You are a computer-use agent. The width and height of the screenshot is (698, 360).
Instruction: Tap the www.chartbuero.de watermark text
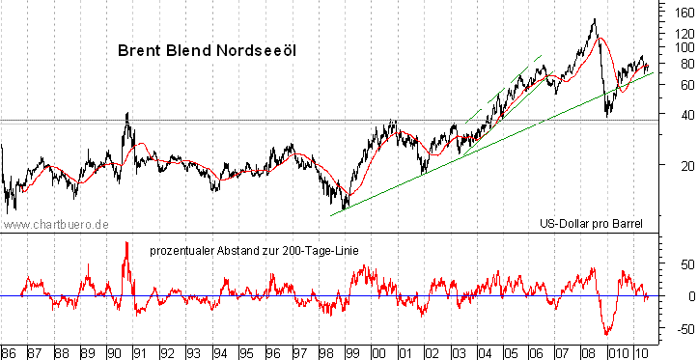pyautogui.click(x=54, y=224)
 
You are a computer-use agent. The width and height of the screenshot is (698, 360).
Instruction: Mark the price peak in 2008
pyautogui.click(x=593, y=19)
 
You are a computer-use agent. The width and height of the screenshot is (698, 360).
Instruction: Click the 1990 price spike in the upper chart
pyautogui.click(x=126, y=114)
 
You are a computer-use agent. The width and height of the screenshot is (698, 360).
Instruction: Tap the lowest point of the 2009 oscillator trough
pyautogui.click(x=607, y=334)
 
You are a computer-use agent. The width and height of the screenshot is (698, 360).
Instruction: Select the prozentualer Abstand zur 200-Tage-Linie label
pyautogui.click(x=255, y=251)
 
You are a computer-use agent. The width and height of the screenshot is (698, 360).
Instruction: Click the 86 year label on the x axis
pyautogui.click(x=11, y=350)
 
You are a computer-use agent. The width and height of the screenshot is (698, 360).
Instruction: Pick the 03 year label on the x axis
pyautogui.click(x=455, y=350)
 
